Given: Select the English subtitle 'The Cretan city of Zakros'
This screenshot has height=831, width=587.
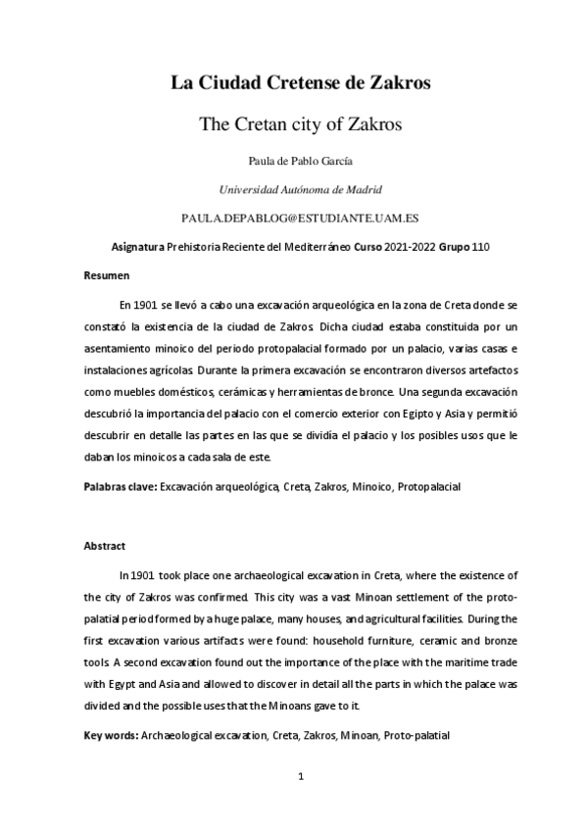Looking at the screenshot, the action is point(302,124).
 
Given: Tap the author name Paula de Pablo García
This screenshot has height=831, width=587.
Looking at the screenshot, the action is point(301,160).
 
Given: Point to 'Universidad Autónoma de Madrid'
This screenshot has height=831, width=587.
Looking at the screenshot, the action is point(301,188).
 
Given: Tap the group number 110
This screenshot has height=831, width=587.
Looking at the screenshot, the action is point(480,246).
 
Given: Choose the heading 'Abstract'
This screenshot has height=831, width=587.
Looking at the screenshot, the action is point(104,546).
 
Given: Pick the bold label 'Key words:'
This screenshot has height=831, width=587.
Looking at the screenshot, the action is point(111,734).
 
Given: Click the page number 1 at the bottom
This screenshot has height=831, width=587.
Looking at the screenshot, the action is point(302,777).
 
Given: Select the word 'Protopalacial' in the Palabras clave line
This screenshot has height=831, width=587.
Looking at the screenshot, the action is point(429,486).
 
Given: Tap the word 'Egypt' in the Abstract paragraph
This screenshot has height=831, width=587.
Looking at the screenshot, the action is point(122,683).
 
